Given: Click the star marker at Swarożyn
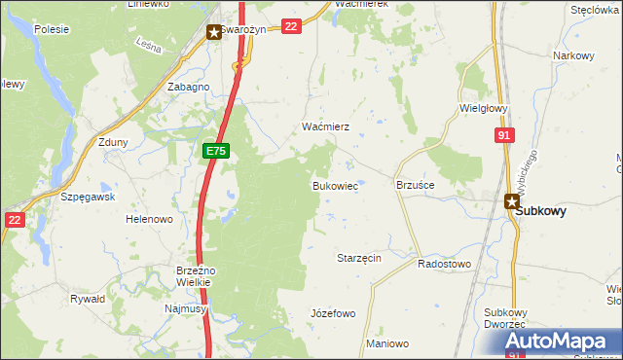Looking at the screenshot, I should tap(213, 32).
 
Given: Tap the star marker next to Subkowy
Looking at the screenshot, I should tap(511, 201).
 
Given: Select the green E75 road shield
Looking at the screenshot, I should tap(216, 152).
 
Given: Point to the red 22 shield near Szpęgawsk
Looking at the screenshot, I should tap(14, 221).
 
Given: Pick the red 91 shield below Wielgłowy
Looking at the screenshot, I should tap(503, 136).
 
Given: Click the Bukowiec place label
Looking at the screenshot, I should tap(334, 185).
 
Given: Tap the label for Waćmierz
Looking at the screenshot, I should tap(318, 127).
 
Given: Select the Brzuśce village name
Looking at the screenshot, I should tap(415, 184).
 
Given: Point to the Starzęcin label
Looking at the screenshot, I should tap(358, 258).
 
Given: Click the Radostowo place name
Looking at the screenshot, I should tap(444, 264).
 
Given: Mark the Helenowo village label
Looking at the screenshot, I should tap(149, 220).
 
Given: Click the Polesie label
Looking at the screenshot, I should tap(51, 29).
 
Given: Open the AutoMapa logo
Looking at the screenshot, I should tap(561, 342).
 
